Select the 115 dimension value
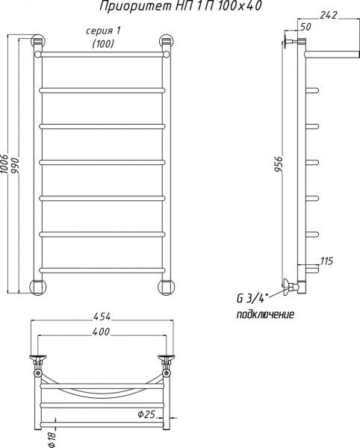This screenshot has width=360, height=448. tap(325, 261)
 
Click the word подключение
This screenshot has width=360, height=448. tap(265, 314)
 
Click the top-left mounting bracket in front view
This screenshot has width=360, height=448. tap(38, 44)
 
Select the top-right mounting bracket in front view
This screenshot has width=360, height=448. tap(167, 44)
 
